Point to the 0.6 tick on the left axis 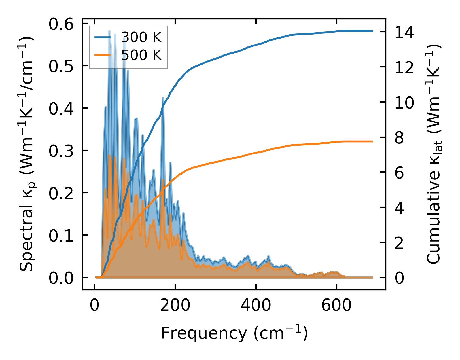tap(61, 24)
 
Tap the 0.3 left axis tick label tap(61, 151)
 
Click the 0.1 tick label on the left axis tap(61, 236)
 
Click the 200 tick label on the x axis tap(175, 306)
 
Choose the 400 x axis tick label tap(256, 306)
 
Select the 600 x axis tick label tap(337, 306)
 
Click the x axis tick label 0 tap(94, 306)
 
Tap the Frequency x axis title tap(234, 333)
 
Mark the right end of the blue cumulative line tap(372, 31)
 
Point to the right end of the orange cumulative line tap(372, 141)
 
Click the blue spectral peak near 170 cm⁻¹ tap(163, 98)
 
